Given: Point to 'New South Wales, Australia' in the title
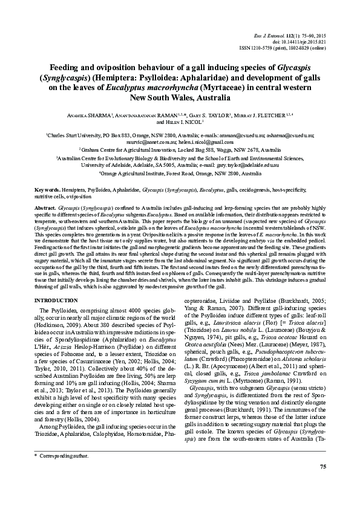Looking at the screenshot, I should click(x=180, y=97).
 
